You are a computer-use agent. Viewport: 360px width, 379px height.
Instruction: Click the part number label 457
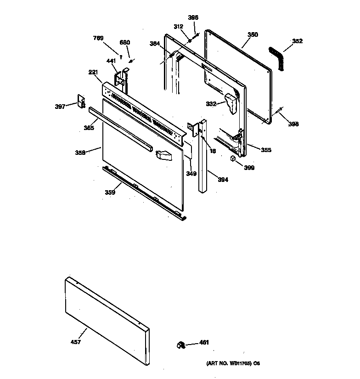point(76,342)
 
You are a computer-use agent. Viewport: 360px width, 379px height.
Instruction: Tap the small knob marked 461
point(180,344)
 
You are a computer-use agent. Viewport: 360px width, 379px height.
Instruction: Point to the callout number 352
point(297,41)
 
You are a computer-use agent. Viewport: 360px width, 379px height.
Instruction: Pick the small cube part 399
point(233,158)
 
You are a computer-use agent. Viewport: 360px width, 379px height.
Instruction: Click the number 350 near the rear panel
point(253,34)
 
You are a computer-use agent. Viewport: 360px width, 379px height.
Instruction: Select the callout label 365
point(89,128)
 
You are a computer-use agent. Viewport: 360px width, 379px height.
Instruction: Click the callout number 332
point(211,104)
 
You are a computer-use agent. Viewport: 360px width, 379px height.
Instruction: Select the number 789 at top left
point(98,38)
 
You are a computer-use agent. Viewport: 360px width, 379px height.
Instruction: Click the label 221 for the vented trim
point(93,72)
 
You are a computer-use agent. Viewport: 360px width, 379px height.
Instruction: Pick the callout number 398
point(293,124)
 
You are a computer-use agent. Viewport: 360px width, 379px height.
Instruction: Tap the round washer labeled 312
point(189,41)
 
